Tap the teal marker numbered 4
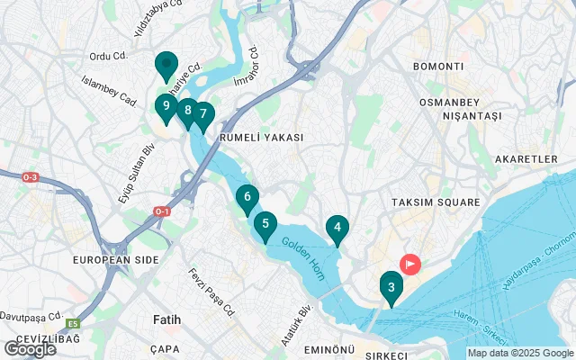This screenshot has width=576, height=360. coord(337,229)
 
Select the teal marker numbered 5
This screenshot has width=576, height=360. coord(265,224)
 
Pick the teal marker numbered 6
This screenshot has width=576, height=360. coord(247,197)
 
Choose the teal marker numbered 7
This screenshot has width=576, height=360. coord(203,115)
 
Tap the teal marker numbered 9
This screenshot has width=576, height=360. coord(166,106)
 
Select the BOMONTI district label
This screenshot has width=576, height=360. coord(437,67)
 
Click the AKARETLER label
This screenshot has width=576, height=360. coord(526,159)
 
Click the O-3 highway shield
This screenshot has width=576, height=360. coord(30,177)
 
